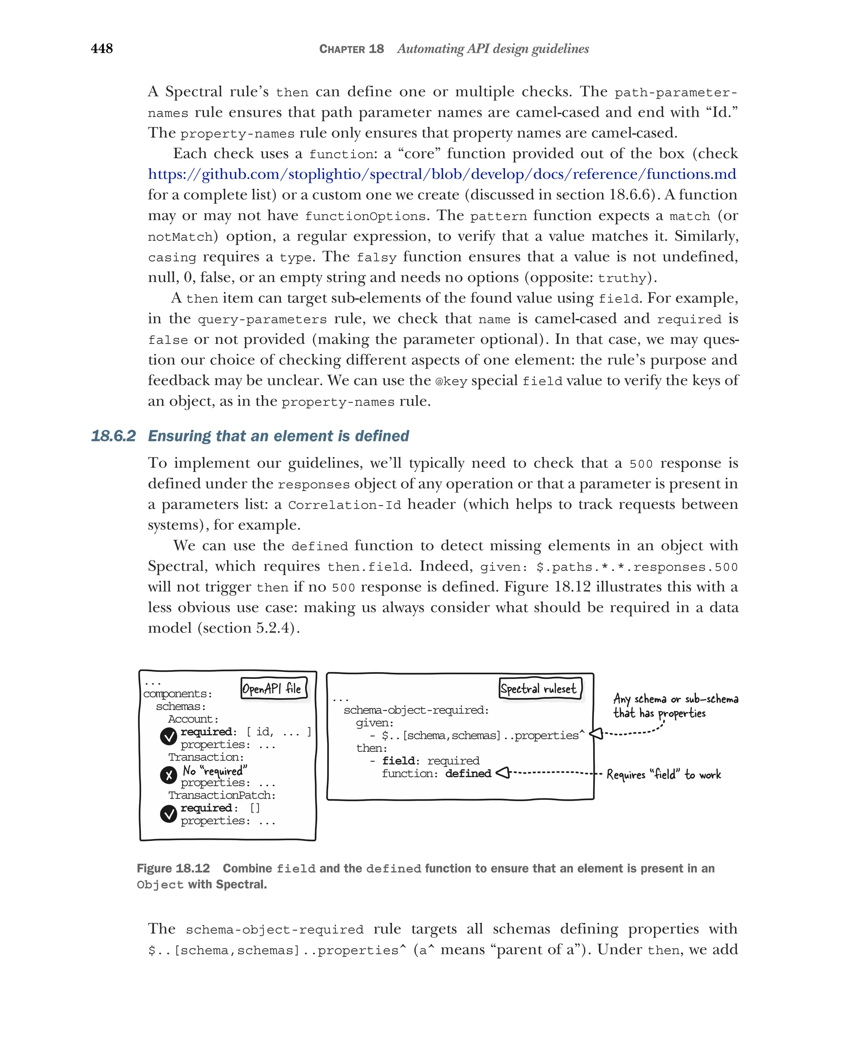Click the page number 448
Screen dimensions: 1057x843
pos(102,49)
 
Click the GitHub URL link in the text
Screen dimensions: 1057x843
pos(441,174)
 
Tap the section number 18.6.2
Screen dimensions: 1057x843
pos(113,436)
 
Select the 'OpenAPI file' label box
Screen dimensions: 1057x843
pos(274,688)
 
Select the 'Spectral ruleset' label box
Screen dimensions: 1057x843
pos(540,688)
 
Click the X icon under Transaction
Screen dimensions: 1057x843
pos(168,775)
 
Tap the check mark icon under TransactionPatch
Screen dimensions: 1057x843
pos(168,814)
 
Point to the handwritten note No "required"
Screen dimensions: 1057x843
pos(215,771)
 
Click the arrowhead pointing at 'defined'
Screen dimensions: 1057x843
pos(503,773)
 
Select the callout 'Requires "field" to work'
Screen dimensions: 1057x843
pos(664,775)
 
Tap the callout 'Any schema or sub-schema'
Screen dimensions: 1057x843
pos(675,705)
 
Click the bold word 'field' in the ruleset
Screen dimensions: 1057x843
pos(400,760)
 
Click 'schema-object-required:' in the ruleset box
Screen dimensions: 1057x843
pos(416,710)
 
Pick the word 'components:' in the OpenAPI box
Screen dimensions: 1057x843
pos(177,694)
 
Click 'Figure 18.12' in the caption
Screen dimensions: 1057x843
pos(173,868)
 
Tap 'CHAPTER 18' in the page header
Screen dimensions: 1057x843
pos(351,49)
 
